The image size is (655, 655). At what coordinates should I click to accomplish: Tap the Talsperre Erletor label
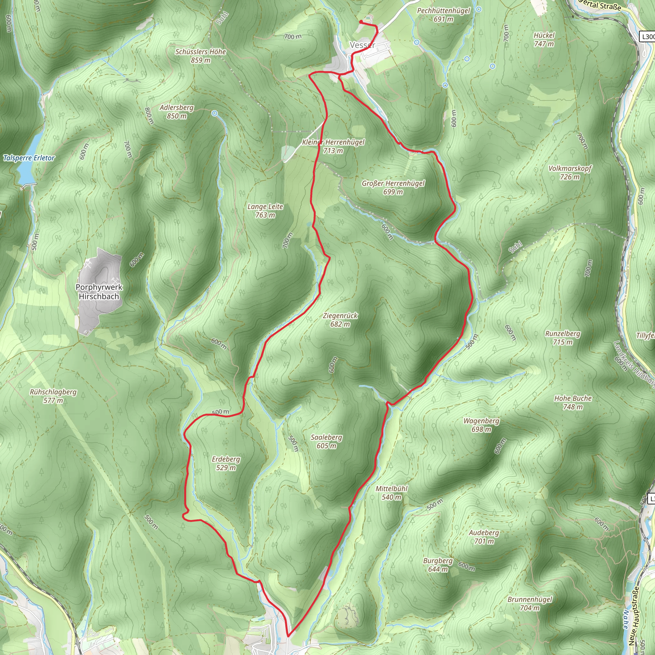click(x=29, y=158)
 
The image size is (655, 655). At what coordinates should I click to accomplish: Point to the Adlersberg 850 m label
click(x=177, y=112)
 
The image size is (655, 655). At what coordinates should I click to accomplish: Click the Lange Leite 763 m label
click(x=265, y=210)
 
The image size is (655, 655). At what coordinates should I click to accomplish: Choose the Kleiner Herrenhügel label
click(x=333, y=146)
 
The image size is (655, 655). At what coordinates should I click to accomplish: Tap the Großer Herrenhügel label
click(x=393, y=187)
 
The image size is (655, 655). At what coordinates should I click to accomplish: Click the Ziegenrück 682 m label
click(x=340, y=320)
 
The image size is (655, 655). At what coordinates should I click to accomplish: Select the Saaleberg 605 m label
click(x=326, y=441)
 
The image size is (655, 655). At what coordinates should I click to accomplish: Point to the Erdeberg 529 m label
click(x=226, y=463)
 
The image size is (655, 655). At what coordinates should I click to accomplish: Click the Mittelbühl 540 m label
click(x=391, y=493)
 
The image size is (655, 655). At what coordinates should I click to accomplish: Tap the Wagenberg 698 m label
click(x=481, y=425)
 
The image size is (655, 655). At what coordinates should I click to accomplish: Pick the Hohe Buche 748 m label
click(x=572, y=402)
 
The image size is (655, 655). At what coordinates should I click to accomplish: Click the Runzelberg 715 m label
click(x=563, y=338)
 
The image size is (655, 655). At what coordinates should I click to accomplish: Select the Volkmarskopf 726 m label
click(x=570, y=173)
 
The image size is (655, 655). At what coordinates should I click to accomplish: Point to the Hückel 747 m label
click(x=544, y=39)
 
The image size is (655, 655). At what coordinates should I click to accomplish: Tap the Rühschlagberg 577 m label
click(x=53, y=396)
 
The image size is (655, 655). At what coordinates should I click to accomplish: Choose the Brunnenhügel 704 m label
click(x=530, y=604)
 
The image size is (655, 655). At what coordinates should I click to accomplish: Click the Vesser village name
click(x=362, y=45)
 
